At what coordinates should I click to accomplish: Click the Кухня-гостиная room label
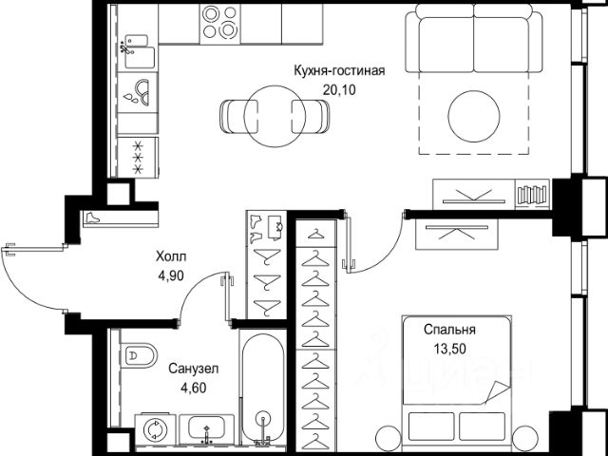coord(339,71)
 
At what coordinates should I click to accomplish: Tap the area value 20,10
coord(339,90)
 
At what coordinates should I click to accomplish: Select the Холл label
coord(171,256)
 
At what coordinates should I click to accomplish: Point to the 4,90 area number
coord(171,275)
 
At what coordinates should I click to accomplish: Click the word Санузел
coord(194,369)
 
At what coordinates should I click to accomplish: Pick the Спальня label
coord(449,330)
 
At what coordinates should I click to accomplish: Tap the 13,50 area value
coord(449,349)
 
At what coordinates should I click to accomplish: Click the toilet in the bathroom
coord(140,355)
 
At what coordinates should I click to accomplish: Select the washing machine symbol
coord(154,429)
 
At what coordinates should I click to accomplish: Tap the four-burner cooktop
coord(219,24)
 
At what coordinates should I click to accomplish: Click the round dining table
coord(275,116)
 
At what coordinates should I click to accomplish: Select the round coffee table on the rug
coord(473,116)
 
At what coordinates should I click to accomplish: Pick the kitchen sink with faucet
coord(137,51)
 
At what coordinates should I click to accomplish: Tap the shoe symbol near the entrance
coord(93,218)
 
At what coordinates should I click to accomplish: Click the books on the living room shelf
coord(532,195)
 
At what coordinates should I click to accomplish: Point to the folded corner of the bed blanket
coord(497,392)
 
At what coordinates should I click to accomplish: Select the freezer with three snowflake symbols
coord(138,158)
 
